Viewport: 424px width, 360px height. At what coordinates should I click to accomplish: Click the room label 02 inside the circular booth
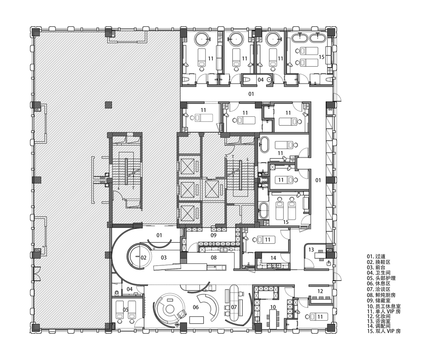(x=143, y=258)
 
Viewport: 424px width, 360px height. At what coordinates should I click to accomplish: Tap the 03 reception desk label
(x=164, y=258)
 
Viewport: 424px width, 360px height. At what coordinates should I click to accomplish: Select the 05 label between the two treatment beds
(x=126, y=310)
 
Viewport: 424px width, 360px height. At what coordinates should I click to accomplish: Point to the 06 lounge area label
(x=196, y=307)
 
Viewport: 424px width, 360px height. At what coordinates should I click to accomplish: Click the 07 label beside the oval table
(x=234, y=307)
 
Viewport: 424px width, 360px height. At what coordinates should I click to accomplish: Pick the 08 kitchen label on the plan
(x=214, y=258)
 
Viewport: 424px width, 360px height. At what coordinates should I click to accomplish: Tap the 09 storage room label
(x=214, y=235)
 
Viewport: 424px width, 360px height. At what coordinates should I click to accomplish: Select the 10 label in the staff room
(x=273, y=307)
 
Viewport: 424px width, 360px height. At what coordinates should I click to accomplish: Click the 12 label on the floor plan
(x=320, y=291)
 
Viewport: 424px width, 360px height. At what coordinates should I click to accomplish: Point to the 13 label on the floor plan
(x=311, y=249)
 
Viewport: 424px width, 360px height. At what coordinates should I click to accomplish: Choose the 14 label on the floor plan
(x=273, y=258)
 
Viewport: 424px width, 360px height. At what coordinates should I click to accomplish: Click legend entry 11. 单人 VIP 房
(x=384, y=311)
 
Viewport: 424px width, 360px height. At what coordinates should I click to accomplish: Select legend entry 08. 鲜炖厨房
(x=381, y=295)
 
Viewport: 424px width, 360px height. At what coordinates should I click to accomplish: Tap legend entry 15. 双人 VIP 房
(x=384, y=331)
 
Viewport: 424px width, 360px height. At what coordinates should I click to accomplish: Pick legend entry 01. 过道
(x=376, y=256)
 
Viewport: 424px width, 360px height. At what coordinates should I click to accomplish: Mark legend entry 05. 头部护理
(x=381, y=278)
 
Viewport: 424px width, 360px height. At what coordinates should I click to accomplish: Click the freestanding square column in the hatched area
(x=108, y=105)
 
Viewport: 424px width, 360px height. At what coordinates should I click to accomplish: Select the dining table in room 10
(x=273, y=318)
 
